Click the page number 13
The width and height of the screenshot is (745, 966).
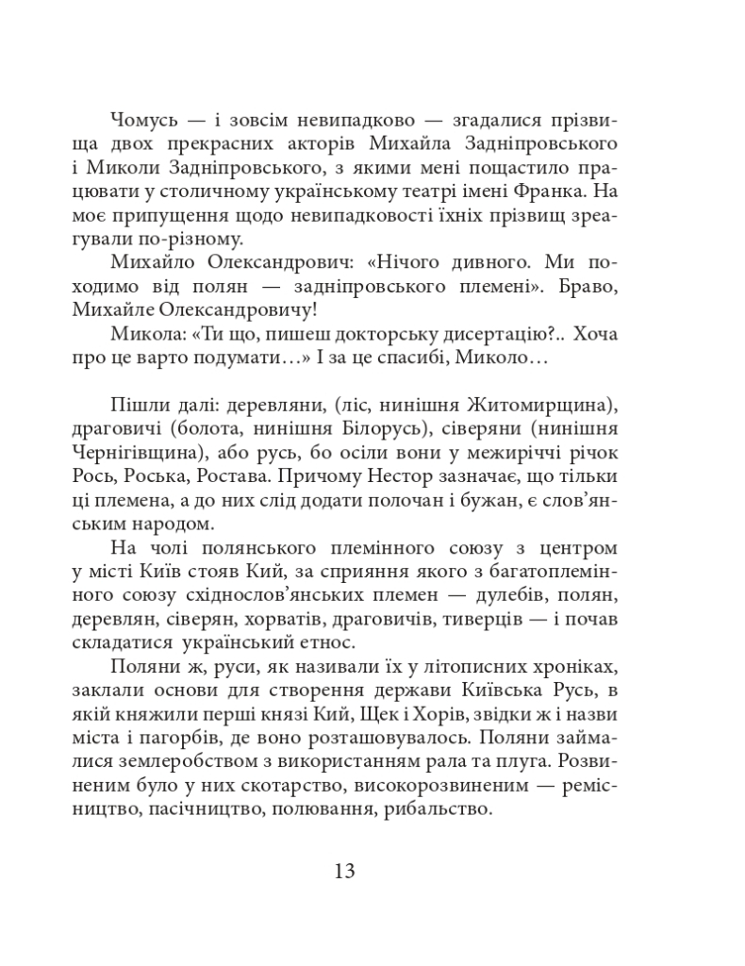[344, 869]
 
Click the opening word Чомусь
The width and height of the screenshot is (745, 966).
[143, 120]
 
